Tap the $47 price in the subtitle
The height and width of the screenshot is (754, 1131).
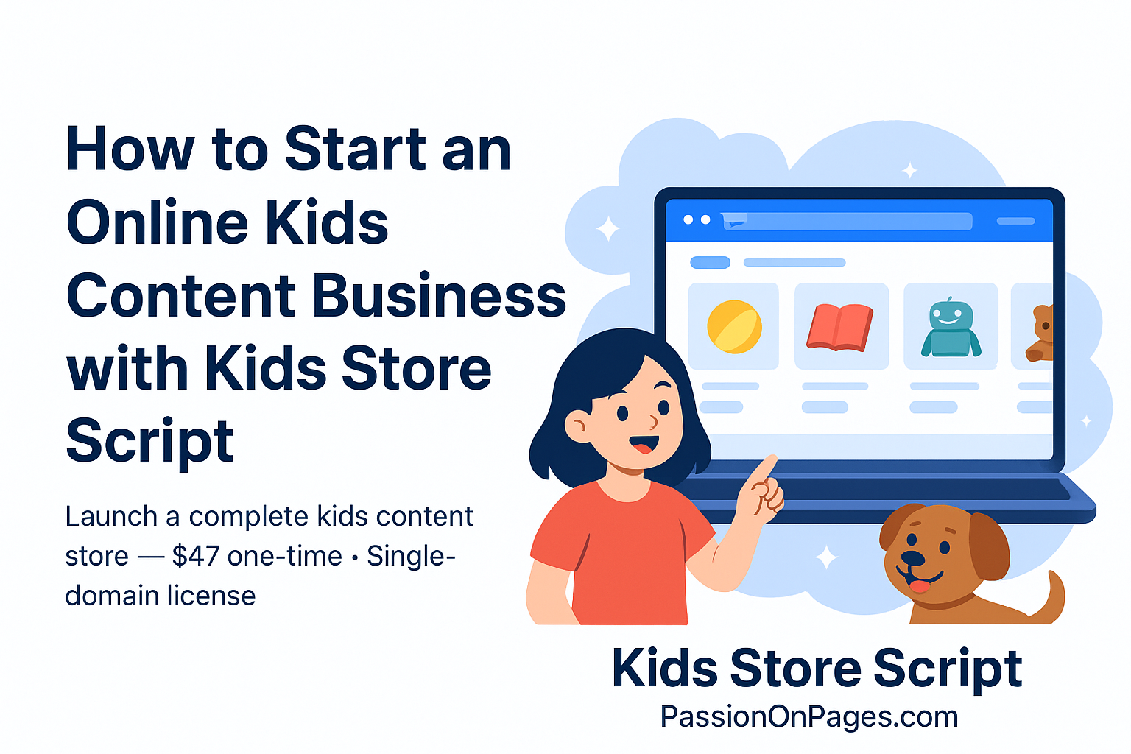point(195,556)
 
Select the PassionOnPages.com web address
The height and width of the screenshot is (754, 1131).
point(809,716)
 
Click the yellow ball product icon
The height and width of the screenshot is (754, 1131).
point(733,326)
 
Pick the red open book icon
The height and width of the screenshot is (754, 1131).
point(840,328)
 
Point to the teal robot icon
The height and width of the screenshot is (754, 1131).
point(950,328)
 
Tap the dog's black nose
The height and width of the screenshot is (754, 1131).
point(913,558)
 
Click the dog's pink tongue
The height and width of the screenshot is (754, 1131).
point(918,586)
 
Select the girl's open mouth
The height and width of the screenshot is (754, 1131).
point(643,446)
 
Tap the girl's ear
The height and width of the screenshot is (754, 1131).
point(577,426)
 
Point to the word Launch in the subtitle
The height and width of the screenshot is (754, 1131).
point(111,517)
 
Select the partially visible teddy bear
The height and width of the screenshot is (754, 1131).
point(1041,333)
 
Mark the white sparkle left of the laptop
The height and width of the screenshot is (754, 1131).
point(608,229)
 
